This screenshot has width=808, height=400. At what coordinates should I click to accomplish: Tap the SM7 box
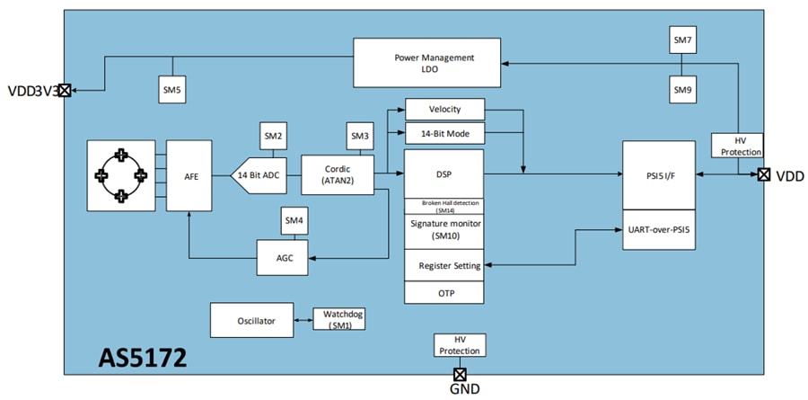(683, 40)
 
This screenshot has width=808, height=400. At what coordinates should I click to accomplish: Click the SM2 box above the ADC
(274, 136)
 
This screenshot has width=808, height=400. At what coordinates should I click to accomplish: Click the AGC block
(284, 258)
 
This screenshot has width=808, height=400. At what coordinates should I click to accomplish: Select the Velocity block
(444, 110)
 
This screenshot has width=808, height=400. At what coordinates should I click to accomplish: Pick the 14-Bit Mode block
(444, 133)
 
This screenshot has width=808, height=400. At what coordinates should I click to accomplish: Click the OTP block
(444, 293)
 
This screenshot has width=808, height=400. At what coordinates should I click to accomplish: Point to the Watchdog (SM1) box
(338, 319)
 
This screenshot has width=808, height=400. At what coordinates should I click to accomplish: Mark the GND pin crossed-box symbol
(460, 374)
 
